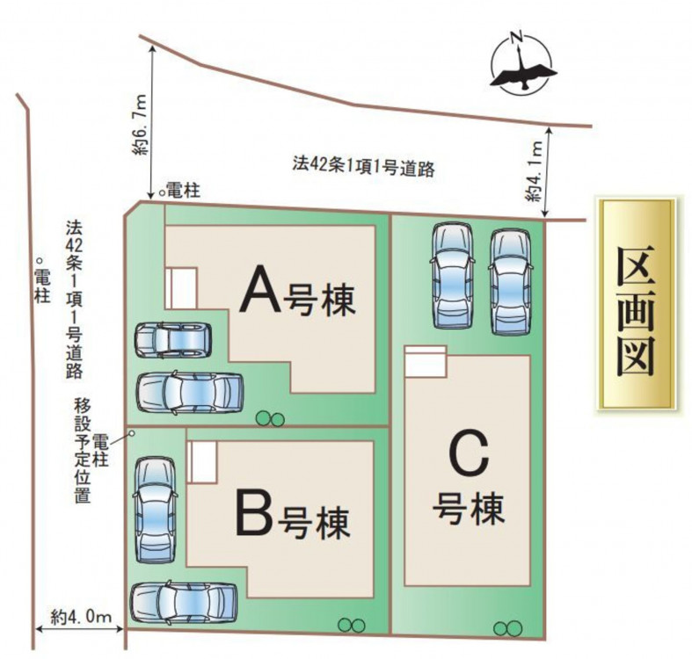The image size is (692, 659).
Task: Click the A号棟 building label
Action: click(x=298, y=293)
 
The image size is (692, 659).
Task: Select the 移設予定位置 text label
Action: click(x=83, y=449)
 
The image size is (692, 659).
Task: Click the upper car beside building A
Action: click(x=173, y=339)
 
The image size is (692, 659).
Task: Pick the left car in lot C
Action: click(x=453, y=273)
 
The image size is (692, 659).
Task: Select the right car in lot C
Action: click(x=510, y=280)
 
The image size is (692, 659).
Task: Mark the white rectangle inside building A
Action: click(x=184, y=288)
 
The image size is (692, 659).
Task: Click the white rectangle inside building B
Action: click(x=203, y=462)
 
